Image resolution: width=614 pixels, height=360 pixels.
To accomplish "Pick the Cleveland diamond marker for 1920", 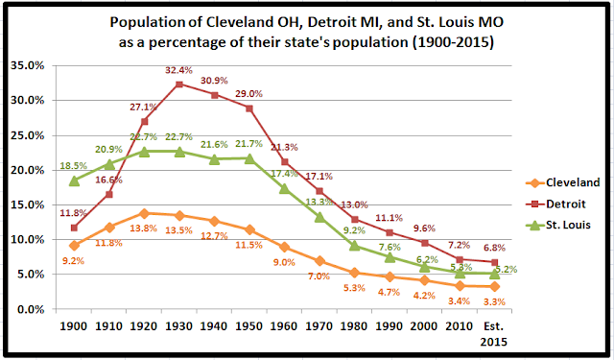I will click(x=144, y=213).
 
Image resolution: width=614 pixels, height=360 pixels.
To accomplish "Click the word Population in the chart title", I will click(x=149, y=20).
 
